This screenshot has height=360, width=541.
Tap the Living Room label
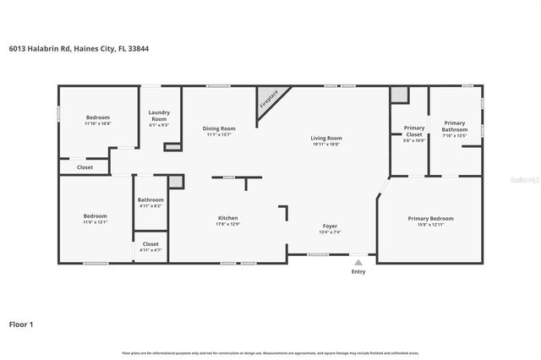click(326, 138)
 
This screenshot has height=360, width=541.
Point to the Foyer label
click(330, 226)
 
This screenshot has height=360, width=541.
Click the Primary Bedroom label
click(430, 219)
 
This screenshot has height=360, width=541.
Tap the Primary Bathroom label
click(455, 126)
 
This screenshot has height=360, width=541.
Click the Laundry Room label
click(159, 117)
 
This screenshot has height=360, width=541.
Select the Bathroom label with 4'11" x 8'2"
click(150, 200)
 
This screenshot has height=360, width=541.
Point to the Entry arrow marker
click(358, 263)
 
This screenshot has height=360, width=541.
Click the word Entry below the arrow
click(358, 272)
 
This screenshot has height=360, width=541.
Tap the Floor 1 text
click(21, 324)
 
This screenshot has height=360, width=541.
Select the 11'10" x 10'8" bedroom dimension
click(98, 123)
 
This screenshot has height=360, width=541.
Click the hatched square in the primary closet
click(398, 95)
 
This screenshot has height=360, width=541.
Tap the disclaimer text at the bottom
click(270, 353)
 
